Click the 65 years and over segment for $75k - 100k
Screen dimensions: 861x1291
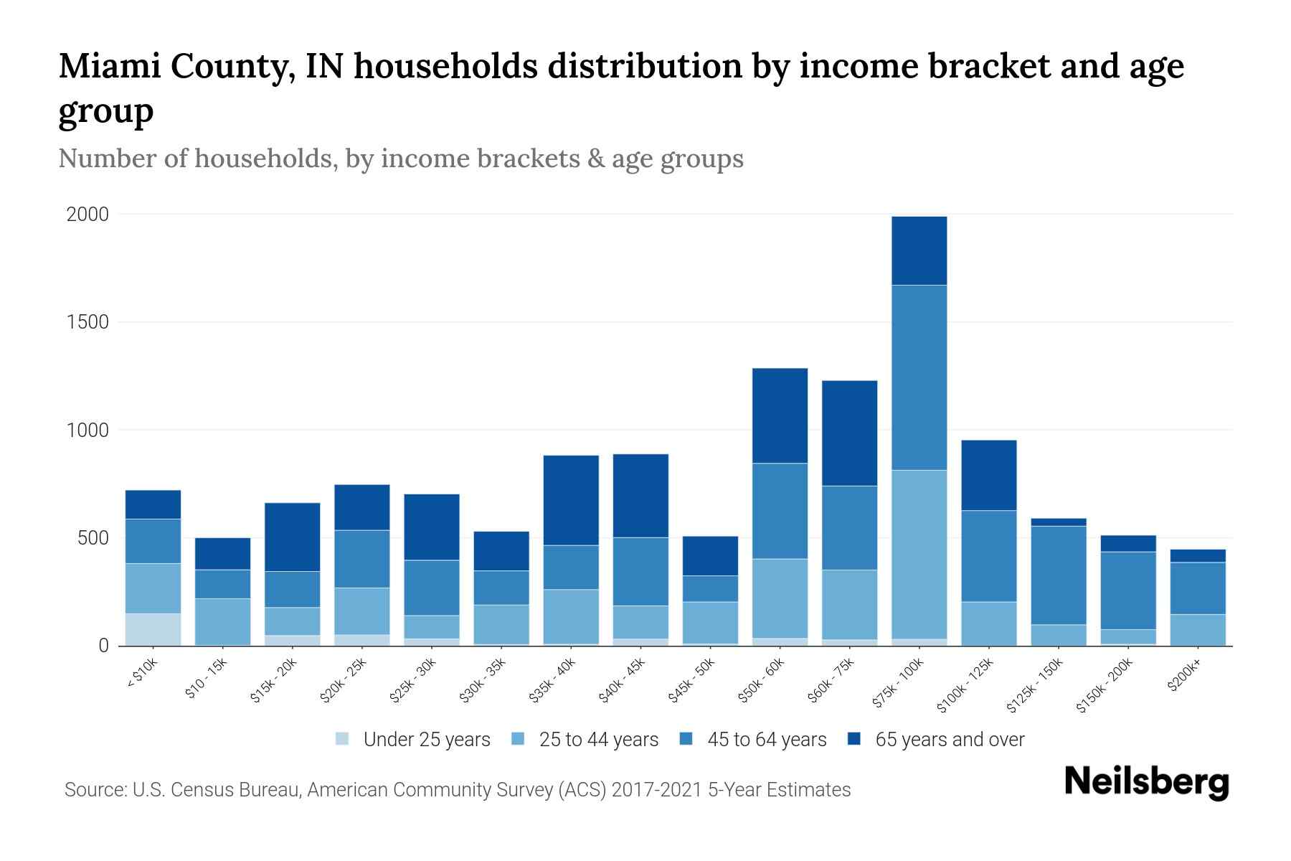(919, 251)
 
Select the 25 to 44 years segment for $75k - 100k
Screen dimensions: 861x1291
(919, 554)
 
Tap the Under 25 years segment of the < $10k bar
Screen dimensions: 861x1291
(153, 629)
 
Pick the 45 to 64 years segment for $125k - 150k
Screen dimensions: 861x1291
(1059, 575)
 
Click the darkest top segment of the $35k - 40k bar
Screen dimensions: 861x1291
(571, 500)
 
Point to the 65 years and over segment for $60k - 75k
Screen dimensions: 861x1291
(849, 433)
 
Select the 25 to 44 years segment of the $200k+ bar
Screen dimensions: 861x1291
(1198, 629)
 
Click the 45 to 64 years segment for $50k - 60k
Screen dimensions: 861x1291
(780, 511)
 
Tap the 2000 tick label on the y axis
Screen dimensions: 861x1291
(88, 215)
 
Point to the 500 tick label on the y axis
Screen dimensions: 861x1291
(93, 538)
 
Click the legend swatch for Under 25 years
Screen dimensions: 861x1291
(343, 739)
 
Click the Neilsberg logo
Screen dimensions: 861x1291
(1146, 783)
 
